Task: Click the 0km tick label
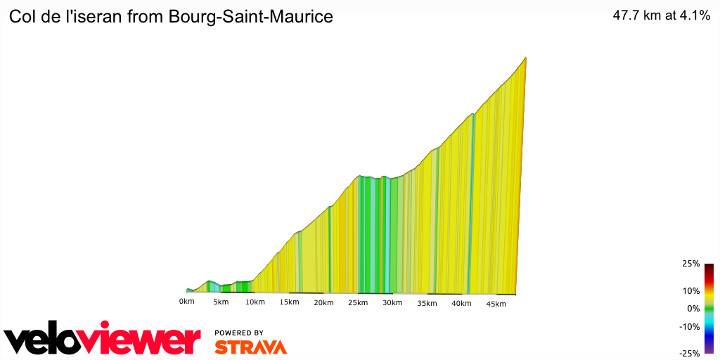(x=186, y=302)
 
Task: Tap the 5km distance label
(x=221, y=302)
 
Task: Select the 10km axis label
(x=255, y=302)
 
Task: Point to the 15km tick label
(x=289, y=302)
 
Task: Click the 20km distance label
(x=323, y=303)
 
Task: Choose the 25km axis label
(x=358, y=303)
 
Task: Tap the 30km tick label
(x=392, y=303)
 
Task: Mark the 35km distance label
(x=427, y=304)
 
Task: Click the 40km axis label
(x=461, y=304)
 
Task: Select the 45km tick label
(x=496, y=304)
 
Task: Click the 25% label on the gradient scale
(x=691, y=264)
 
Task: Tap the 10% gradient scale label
(x=691, y=291)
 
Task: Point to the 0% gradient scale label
(x=693, y=309)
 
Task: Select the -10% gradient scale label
(x=690, y=326)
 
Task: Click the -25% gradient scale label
(x=690, y=354)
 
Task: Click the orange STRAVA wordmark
(x=250, y=347)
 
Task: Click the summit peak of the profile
(x=526, y=58)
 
